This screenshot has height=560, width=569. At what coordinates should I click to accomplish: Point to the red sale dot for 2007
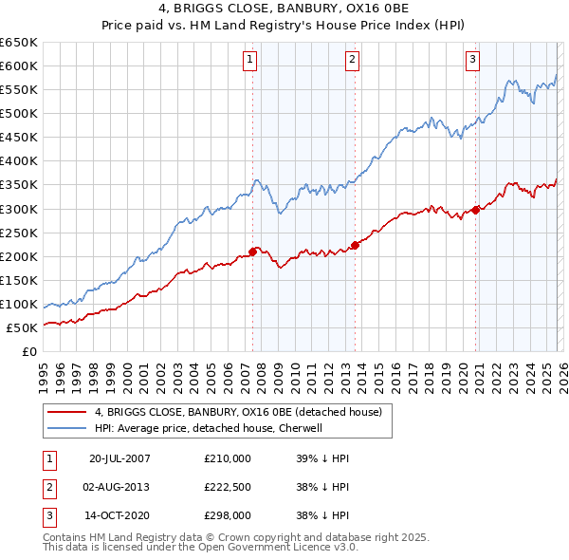click(x=253, y=252)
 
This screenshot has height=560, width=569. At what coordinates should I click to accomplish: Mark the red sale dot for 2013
click(x=355, y=245)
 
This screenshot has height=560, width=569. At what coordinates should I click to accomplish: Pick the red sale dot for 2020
click(x=475, y=210)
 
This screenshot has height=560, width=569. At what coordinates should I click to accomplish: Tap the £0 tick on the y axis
click(x=28, y=351)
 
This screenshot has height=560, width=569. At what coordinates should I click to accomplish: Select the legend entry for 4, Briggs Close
click(x=237, y=412)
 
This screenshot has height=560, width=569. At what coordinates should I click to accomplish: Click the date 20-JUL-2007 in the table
click(x=119, y=457)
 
